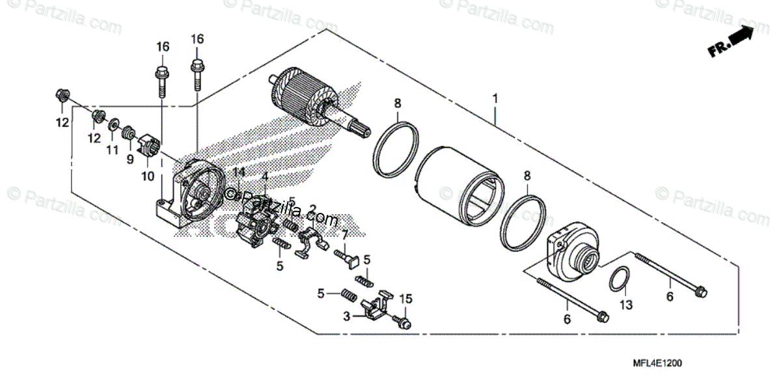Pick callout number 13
[625, 305]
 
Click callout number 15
[406, 299]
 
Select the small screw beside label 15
[402, 321]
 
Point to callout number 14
[239, 173]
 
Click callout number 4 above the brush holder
[265, 176]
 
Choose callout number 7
[344, 234]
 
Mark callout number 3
[346, 316]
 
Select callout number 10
[147, 176]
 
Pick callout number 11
[113, 150]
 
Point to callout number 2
[313, 210]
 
